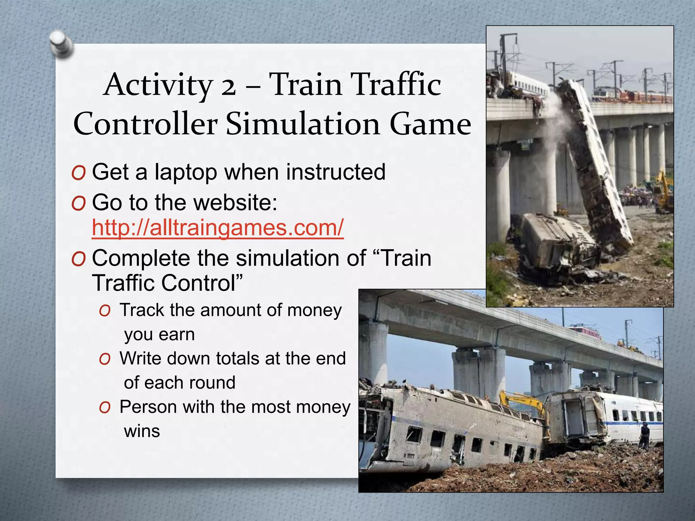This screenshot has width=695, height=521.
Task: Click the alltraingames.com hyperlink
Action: coord(218,228)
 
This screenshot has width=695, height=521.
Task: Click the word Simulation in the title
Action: coord(302,124)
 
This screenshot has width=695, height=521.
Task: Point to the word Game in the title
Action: coord(430,124)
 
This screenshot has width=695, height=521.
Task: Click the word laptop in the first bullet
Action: coord(186,172)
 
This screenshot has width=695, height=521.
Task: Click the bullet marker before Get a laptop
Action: coord(78,173)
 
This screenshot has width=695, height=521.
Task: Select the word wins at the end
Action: coord(142,431)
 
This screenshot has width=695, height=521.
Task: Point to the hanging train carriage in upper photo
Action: coord(594,159)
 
